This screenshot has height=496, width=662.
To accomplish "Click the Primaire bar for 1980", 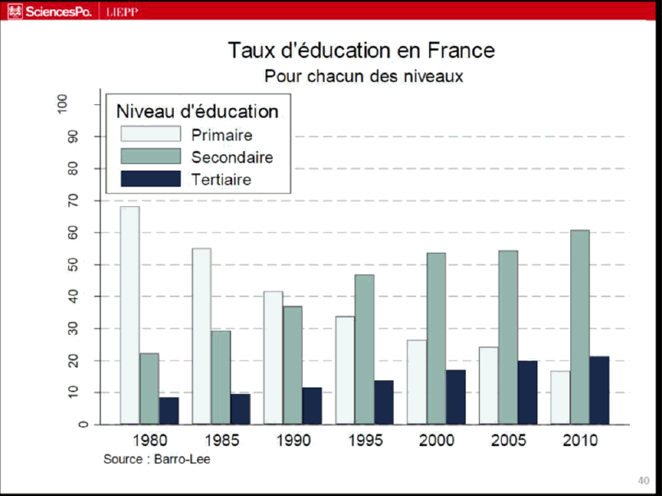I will [130, 315].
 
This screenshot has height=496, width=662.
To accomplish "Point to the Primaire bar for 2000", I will [417, 382].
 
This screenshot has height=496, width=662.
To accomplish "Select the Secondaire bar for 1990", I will [293, 365].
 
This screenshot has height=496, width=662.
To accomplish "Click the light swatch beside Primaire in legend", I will [150, 135].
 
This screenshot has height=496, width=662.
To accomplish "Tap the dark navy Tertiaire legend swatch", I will [150, 179].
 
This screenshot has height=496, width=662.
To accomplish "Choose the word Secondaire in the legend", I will [232, 158].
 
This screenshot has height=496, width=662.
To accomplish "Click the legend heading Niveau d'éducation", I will [198, 111].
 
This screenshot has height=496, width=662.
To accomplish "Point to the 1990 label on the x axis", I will [293, 441].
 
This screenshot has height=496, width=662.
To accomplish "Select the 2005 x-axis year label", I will [509, 441].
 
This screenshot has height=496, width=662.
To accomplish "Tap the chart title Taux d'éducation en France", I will [362, 50].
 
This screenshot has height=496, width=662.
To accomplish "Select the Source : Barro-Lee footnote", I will [157, 459].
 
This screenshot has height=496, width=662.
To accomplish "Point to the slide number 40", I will [643, 480].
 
